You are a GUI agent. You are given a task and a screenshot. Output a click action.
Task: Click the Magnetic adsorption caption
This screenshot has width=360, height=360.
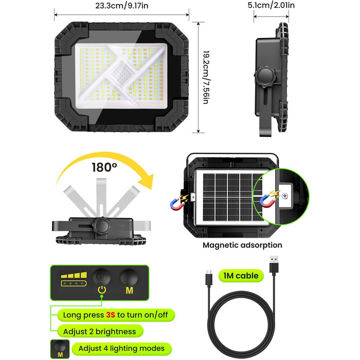(x=242, y=245)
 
